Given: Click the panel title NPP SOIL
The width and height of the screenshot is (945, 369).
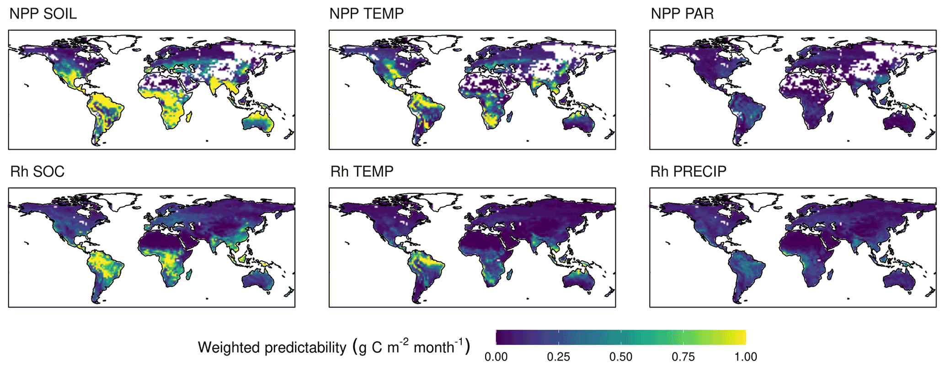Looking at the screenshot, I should point(43,14).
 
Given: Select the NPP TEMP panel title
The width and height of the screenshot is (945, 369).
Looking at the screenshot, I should point(366,14).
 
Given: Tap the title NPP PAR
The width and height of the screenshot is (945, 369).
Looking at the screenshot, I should point(682,14).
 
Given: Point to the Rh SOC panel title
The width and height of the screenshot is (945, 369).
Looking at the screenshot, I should point(37,171).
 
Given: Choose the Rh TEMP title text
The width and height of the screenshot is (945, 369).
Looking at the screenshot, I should point(362,171).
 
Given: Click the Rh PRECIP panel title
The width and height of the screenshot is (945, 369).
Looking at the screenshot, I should point(688,171).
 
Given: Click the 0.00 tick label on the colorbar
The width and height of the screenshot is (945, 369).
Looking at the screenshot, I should point(496,357).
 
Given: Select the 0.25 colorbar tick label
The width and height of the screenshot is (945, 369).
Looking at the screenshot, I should point(558,357).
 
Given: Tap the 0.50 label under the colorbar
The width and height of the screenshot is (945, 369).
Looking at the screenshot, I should point(621,357).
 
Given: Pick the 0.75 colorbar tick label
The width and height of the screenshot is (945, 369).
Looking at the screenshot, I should point(683,357).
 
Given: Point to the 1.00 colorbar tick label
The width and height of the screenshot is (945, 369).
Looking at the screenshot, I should point(746,357).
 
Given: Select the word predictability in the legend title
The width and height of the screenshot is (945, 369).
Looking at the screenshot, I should point(304,348).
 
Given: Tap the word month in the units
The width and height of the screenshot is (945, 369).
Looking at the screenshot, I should point(433,348).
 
